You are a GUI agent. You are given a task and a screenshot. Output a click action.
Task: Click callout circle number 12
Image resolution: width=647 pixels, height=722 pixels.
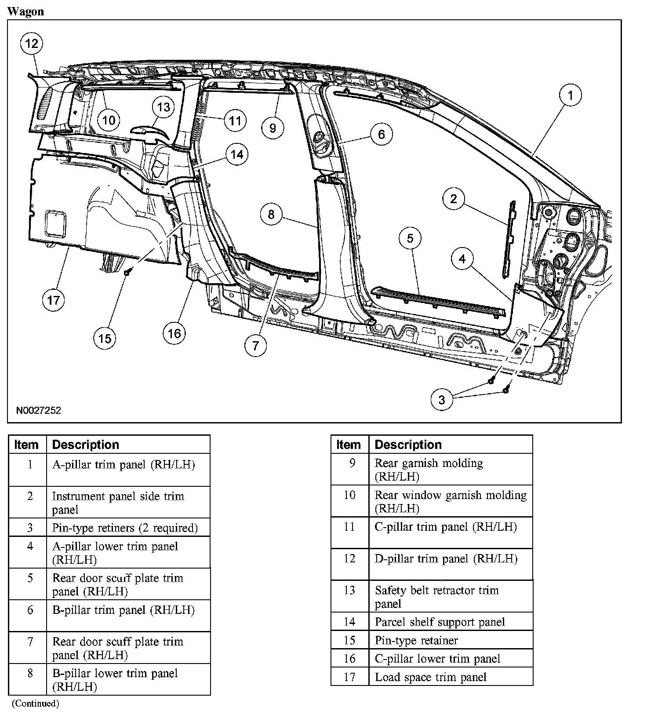coord(32,43)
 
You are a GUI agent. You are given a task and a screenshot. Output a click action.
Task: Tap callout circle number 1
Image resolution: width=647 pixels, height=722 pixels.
coord(571,95)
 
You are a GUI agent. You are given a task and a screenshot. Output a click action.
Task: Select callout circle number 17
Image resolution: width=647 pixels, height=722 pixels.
coord(53,300)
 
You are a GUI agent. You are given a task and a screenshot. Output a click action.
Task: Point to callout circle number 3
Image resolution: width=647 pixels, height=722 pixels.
coord(441,399)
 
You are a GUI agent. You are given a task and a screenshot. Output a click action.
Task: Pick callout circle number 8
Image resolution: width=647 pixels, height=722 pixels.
coord(271,214)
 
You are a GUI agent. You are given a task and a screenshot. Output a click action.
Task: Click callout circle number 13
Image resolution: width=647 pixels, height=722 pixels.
coord(164,107)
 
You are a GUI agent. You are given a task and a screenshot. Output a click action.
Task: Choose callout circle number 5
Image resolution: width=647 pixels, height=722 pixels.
coord(410,238)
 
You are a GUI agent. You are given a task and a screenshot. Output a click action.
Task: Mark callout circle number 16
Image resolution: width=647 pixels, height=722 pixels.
coord(174,333)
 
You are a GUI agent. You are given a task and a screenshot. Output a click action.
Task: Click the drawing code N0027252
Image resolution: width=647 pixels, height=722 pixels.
coord(39,410)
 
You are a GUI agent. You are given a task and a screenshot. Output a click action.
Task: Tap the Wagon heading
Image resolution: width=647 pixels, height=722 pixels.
coord(26,11)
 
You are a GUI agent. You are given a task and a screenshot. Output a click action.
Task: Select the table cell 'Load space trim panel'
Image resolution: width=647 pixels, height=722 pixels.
coord(430,677)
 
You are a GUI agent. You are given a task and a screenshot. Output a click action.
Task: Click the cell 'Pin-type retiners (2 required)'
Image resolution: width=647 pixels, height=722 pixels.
coord(125,528)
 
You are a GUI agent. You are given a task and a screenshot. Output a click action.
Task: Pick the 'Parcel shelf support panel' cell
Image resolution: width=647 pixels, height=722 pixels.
coord(440,622)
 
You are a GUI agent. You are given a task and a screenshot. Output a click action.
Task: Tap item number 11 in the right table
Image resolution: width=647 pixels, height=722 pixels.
coord(349,527)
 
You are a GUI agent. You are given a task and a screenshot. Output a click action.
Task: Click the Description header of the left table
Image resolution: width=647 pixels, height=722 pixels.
coord(86,445)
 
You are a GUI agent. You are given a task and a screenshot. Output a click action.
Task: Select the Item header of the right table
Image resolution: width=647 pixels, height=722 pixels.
coord(349,445)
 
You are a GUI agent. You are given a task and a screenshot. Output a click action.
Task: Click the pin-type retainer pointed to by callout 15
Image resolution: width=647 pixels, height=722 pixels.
coord(126,272)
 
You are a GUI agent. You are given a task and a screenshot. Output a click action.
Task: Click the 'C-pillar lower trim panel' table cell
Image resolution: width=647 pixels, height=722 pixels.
coord(437,659)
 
